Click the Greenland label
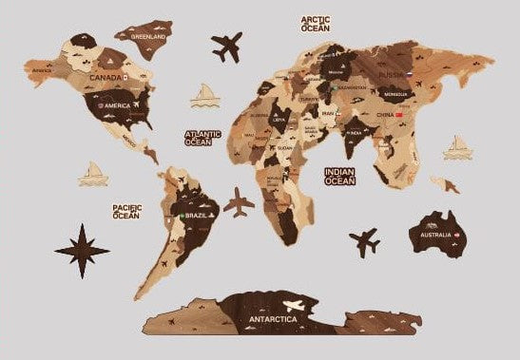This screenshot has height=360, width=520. [x=147, y=36]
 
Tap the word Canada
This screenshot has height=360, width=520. [x=104, y=78]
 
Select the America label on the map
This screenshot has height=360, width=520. [x=117, y=105]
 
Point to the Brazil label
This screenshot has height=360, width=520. [x=197, y=217]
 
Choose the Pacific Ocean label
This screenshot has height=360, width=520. [x=126, y=211]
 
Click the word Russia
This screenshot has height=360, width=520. [x=391, y=72]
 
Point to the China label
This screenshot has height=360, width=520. [x=385, y=115]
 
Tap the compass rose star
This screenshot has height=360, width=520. [x=83, y=250]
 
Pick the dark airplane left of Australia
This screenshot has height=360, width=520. [x=364, y=240]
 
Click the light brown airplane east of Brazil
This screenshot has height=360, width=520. [x=241, y=202]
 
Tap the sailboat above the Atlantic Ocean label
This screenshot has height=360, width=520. [x=205, y=94]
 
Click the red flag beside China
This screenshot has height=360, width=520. [x=400, y=115]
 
